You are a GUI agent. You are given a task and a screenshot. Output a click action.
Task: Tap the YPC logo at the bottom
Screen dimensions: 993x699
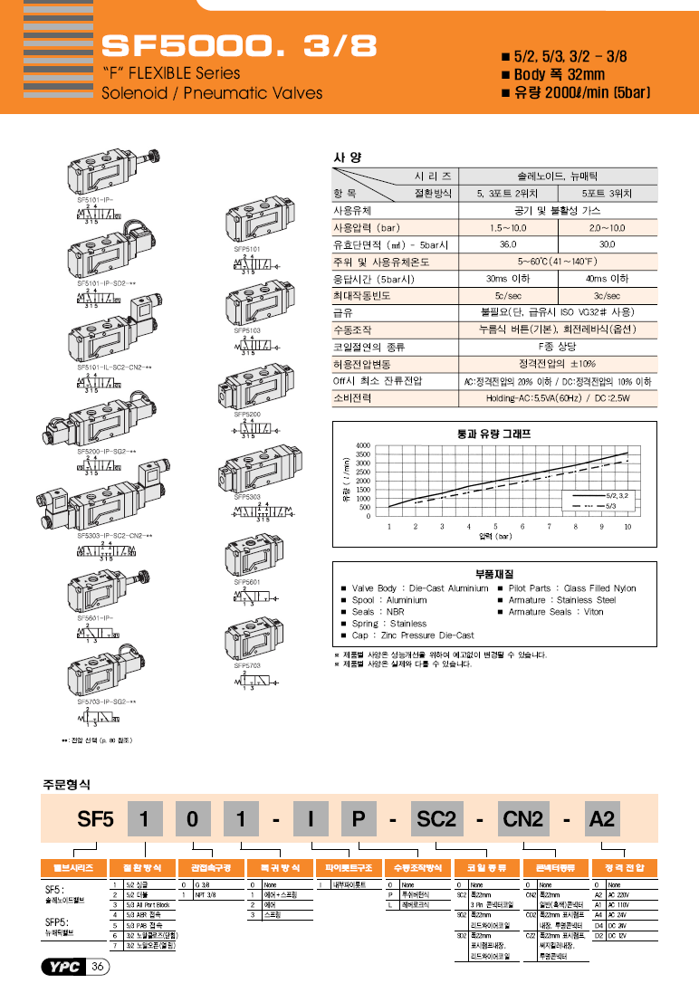[63, 968]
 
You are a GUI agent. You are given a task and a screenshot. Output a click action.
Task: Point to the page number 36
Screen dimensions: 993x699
[98, 968]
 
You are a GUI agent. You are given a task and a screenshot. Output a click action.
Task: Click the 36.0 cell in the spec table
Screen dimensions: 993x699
[508, 244]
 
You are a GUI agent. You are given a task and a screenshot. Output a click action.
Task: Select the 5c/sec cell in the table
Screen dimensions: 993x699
[506, 296]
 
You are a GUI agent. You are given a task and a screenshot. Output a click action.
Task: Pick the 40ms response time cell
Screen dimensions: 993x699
[607, 279]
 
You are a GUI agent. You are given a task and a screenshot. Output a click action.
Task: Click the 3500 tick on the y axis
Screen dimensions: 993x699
[363, 454]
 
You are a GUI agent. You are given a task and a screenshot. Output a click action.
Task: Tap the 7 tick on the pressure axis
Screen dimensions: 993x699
[549, 526]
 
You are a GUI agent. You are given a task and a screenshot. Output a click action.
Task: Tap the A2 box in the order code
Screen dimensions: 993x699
[602, 819]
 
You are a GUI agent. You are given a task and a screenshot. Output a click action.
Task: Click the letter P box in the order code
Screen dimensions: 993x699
[358, 819]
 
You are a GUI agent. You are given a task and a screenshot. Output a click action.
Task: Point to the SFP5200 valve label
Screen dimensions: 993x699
[247, 414]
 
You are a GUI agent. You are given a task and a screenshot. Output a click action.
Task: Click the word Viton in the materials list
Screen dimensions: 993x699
[592, 612]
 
